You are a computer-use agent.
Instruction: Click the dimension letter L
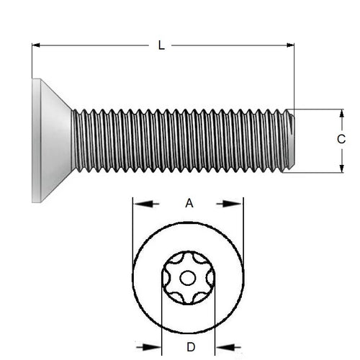(161, 45)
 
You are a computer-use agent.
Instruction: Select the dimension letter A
(189, 204)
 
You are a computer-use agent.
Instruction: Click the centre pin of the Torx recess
(189, 278)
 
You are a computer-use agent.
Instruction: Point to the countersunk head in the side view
(52, 140)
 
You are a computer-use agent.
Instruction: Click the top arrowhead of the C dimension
(341, 114)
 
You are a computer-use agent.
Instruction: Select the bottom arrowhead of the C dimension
(341, 168)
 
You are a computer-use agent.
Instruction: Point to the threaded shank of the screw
(180, 140)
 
